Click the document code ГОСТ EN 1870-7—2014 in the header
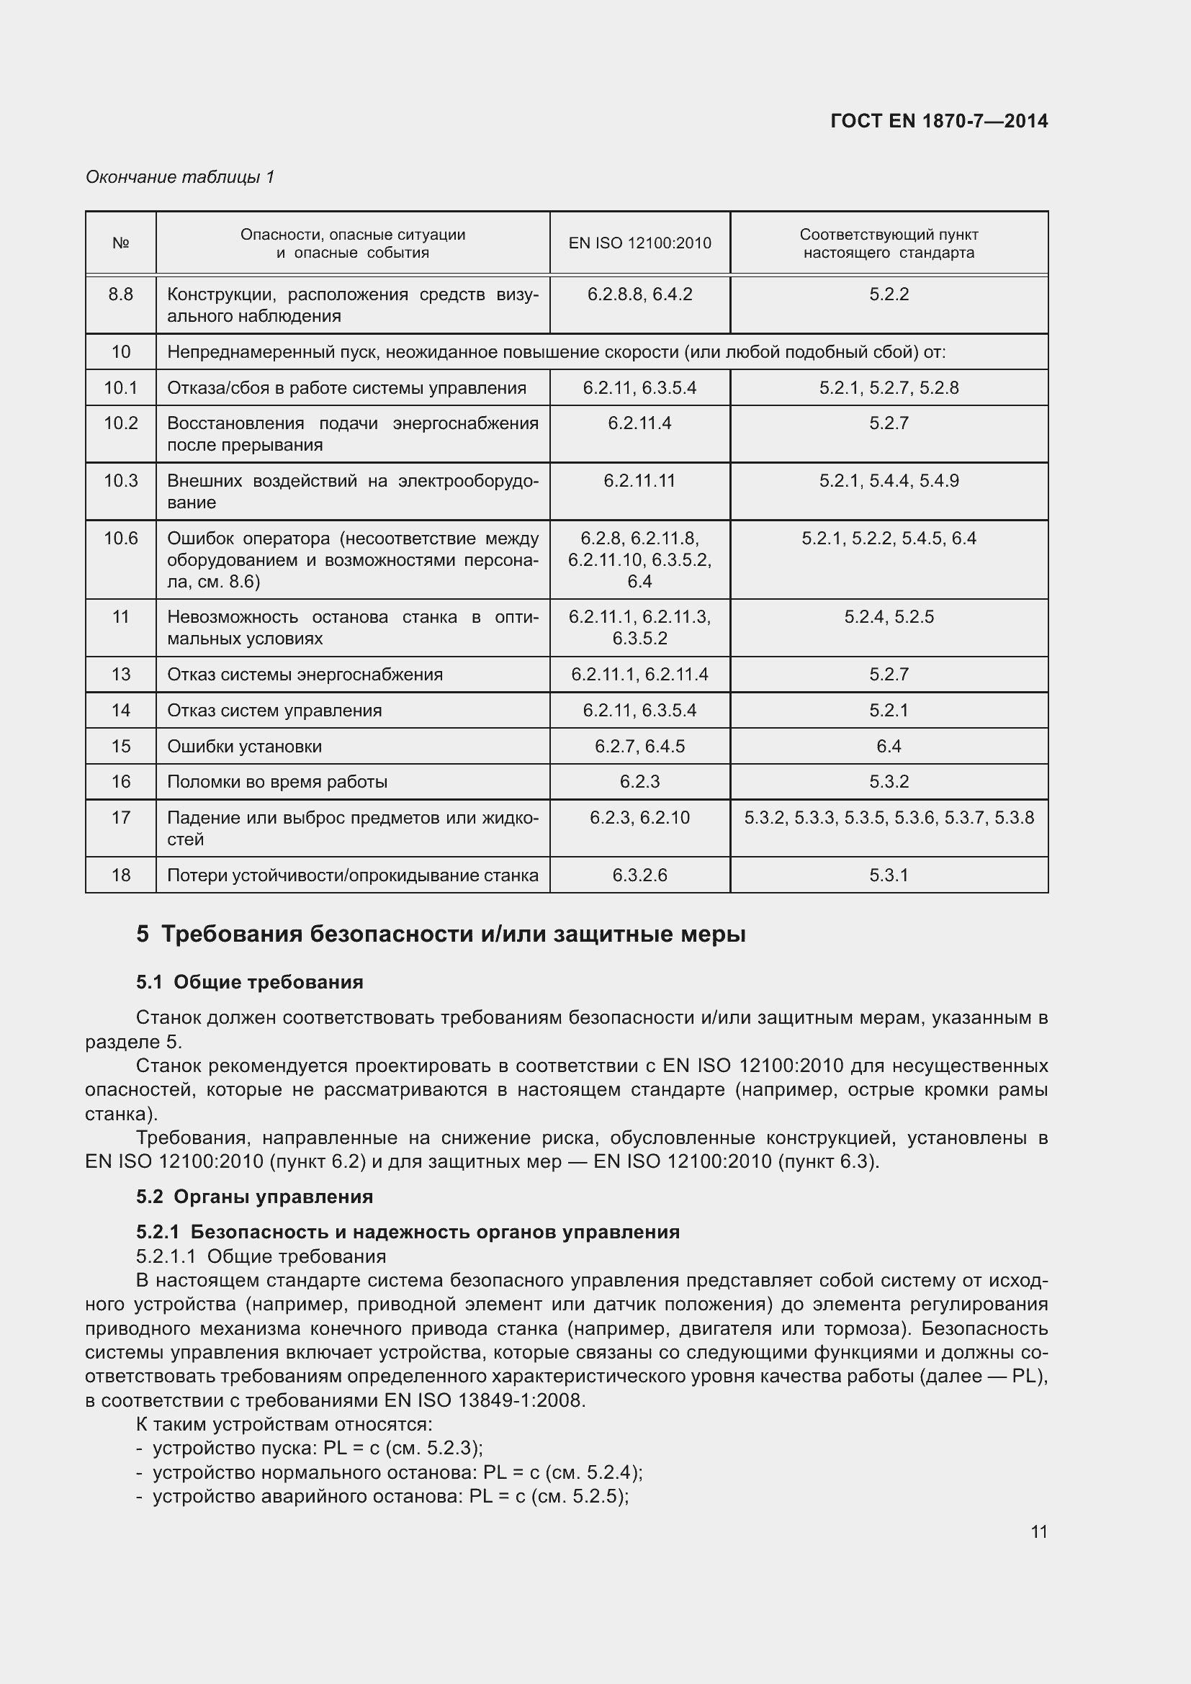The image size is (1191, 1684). pos(939,121)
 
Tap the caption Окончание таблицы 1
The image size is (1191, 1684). pos(180,177)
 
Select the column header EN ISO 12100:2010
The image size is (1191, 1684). pos(639,243)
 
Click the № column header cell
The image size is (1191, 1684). pos(121,243)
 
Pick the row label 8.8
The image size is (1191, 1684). pos(121,294)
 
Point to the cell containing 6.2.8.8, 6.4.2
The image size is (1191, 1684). pos(639,294)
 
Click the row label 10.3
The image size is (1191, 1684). pos(121,480)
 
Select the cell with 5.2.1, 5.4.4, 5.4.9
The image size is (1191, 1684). pos(889,480)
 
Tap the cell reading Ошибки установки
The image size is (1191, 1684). pos(244,746)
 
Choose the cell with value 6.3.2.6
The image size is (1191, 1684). pos(639,875)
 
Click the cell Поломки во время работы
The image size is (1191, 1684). pos(277,782)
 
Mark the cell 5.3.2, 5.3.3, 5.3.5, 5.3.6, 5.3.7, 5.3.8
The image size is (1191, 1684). pos(889,817)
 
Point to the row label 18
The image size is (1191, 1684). pos(121,875)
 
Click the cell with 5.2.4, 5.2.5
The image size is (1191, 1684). pos(889,617)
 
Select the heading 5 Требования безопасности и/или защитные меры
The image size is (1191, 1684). pos(441,935)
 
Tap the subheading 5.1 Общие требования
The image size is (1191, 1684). pos(249,982)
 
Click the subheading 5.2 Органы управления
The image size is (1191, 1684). pos(254,1197)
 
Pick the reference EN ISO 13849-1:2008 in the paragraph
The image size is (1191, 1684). pos(484,1400)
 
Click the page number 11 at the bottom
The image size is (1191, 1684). pos(1038,1531)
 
